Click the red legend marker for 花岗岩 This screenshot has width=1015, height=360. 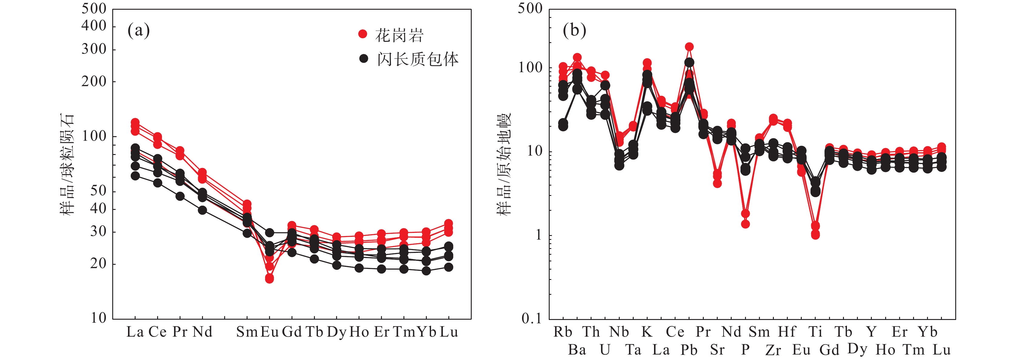tap(362, 34)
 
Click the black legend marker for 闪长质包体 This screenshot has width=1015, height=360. tap(363, 59)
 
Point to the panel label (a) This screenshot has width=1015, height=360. tap(138, 30)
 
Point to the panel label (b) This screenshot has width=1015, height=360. tap(574, 30)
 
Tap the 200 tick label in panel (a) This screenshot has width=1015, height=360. tap(94, 82)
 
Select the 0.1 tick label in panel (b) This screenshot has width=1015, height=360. tap(531, 318)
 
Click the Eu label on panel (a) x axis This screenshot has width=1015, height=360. tap(269, 332)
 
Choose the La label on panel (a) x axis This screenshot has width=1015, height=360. tap(135, 332)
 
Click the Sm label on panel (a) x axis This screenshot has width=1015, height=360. tap(247, 332)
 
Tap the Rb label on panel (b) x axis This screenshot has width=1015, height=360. tap(563, 332)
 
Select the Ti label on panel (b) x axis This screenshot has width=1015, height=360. tap(815, 332)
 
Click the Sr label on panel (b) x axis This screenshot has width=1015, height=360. tap(717, 350)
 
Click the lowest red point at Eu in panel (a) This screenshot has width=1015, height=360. tap(269, 279)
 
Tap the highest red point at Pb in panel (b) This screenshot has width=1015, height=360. tap(689, 47)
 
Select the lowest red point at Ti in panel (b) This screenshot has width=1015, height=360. tap(815, 235)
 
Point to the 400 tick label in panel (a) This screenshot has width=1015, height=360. tap(94, 26)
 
